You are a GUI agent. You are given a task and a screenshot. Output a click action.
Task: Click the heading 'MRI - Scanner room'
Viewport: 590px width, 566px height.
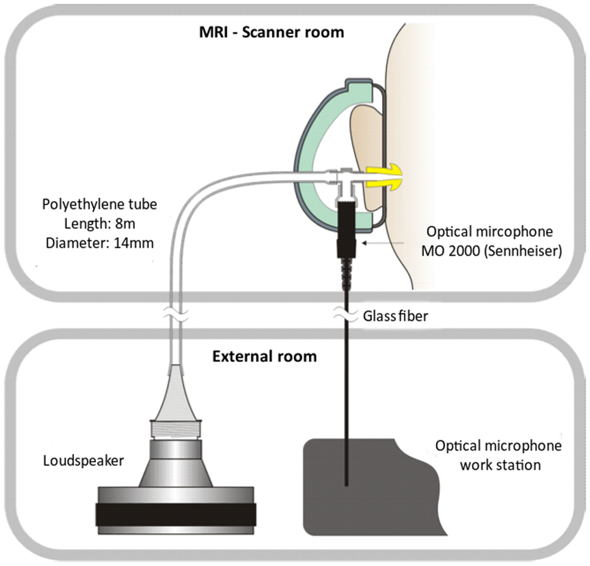coord(271,33)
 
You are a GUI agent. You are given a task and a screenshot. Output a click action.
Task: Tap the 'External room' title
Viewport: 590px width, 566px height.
coord(264,356)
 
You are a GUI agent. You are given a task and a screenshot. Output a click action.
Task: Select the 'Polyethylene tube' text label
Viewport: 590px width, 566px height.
coord(99,204)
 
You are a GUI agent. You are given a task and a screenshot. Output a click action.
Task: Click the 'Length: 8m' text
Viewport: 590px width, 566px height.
coord(99,224)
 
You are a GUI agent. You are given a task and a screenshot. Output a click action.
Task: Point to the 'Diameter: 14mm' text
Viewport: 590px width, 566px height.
coord(99,243)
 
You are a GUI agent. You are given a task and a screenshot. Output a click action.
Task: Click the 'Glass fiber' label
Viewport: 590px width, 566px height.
coord(395,317)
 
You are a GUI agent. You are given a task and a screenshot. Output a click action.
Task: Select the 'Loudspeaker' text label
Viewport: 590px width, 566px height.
coord(83,461)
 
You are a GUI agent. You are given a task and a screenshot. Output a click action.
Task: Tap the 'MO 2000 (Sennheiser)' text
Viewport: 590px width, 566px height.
coord(491,251)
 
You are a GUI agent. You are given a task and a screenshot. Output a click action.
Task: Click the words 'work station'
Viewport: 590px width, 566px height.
coord(500,465)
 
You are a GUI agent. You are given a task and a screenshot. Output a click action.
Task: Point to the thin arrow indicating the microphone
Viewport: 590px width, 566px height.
coord(383,243)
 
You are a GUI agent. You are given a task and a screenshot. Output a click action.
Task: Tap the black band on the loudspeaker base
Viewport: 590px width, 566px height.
coord(176,515)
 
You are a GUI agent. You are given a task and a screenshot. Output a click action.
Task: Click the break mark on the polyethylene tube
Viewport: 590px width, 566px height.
coord(176,315)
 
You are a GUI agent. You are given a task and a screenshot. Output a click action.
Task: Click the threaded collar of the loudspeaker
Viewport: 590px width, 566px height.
coord(176,430)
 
